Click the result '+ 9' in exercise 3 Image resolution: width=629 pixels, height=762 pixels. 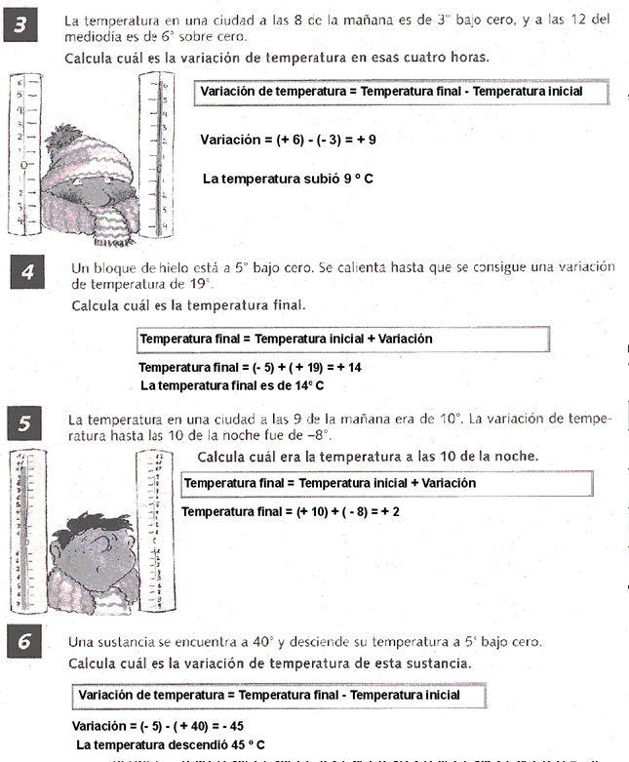[366, 140]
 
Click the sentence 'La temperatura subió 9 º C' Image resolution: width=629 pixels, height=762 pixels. [288, 179]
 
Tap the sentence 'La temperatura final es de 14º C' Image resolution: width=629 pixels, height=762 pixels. [232, 385]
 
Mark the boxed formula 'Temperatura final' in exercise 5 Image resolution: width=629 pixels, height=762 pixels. [387, 483]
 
